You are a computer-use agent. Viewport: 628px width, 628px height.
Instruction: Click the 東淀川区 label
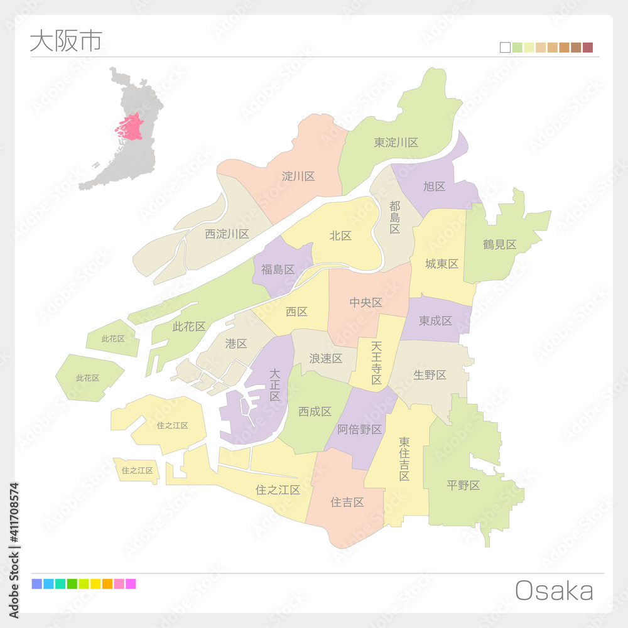pyautogui.click(x=396, y=143)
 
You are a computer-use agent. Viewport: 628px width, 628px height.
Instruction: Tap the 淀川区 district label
pyautogui.click(x=298, y=176)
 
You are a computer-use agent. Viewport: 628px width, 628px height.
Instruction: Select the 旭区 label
pyautogui.click(x=434, y=187)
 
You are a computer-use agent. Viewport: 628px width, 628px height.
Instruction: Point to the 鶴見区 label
pyautogui.click(x=499, y=244)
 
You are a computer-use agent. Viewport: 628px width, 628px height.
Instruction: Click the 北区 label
pyautogui.click(x=340, y=235)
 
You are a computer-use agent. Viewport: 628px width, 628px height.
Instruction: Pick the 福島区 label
pyautogui.click(x=278, y=269)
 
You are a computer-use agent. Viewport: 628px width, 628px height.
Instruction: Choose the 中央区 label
pyautogui.click(x=365, y=303)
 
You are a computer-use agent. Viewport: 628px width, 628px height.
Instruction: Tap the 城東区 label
pyautogui.click(x=441, y=264)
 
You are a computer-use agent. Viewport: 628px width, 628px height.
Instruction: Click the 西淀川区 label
pyautogui.click(x=227, y=234)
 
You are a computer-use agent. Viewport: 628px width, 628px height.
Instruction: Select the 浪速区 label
pyautogui.click(x=325, y=359)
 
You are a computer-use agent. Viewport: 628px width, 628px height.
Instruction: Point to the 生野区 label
pyautogui.click(x=430, y=375)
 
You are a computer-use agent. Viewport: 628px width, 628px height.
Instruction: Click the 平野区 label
pyautogui.click(x=463, y=485)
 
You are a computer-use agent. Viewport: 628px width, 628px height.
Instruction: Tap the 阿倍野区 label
pyautogui.click(x=359, y=430)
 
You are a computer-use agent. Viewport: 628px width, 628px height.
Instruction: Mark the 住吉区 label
pyautogui.click(x=347, y=502)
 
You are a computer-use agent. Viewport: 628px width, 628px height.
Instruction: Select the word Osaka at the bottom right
pyautogui.click(x=554, y=591)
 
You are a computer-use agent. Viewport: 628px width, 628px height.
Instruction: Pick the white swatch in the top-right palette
pyautogui.click(x=505, y=48)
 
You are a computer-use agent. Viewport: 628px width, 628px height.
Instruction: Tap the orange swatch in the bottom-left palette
pyautogui.click(x=107, y=584)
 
